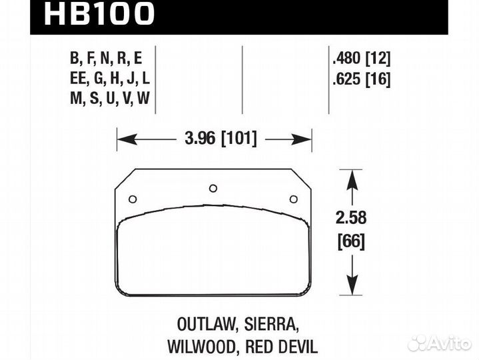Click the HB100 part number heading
tap(99, 15)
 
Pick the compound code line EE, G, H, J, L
tap(109, 79)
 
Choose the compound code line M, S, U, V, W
tap(109, 101)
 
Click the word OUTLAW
tap(204, 325)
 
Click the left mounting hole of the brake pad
tap(132, 199)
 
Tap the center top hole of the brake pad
tap(213, 188)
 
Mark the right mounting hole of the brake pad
tap(293, 199)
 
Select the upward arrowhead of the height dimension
tap(351, 176)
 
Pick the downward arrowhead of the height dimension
tap(351, 287)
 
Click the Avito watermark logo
tap(439, 342)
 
